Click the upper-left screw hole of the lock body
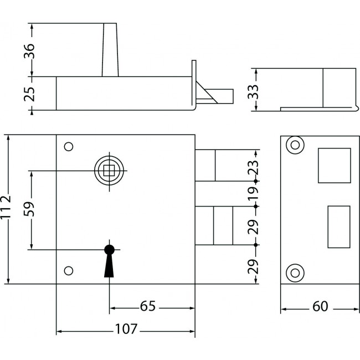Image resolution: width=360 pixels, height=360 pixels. pyautogui.click(x=69, y=147)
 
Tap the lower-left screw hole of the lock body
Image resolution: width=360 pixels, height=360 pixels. pyautogui.click(x=69, y=270)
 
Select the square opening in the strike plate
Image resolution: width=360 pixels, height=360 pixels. pyautogui.click(x=334, y=165)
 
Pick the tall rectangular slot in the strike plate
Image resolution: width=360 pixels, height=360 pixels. pyautogui.click(x=339, y=227)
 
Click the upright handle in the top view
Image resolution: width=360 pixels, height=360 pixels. pyautogui.click(x=110, y=50)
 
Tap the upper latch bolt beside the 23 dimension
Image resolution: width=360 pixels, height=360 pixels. pyautogui.click(x=205, y=165)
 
